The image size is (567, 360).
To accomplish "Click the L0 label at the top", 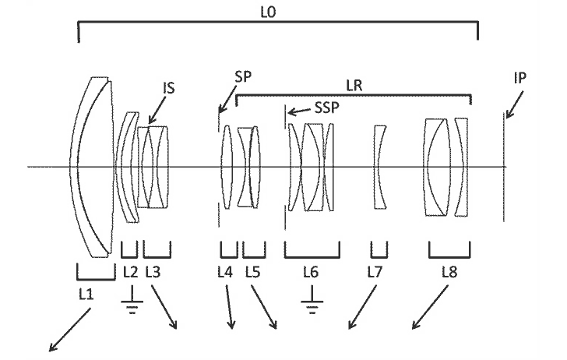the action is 268,12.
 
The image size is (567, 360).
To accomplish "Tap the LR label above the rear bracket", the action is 354,86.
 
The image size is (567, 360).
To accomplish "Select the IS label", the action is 169,88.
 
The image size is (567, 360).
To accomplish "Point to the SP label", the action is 243,76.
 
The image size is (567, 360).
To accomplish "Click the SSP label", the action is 327,108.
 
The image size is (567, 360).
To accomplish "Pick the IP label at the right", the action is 520,78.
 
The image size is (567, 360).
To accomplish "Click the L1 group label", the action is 86,294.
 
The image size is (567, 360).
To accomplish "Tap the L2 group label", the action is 131,272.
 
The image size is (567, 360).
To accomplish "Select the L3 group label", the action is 153,272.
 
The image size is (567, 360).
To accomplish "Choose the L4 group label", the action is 225,272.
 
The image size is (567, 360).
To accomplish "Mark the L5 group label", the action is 253,272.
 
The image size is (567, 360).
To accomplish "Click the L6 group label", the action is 311,272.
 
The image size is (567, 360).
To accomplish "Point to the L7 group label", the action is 375,272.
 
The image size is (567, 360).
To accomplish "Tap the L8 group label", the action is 449,272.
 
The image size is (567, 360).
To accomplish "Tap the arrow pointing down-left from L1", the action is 70,330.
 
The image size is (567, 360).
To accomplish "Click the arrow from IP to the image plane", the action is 514,104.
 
